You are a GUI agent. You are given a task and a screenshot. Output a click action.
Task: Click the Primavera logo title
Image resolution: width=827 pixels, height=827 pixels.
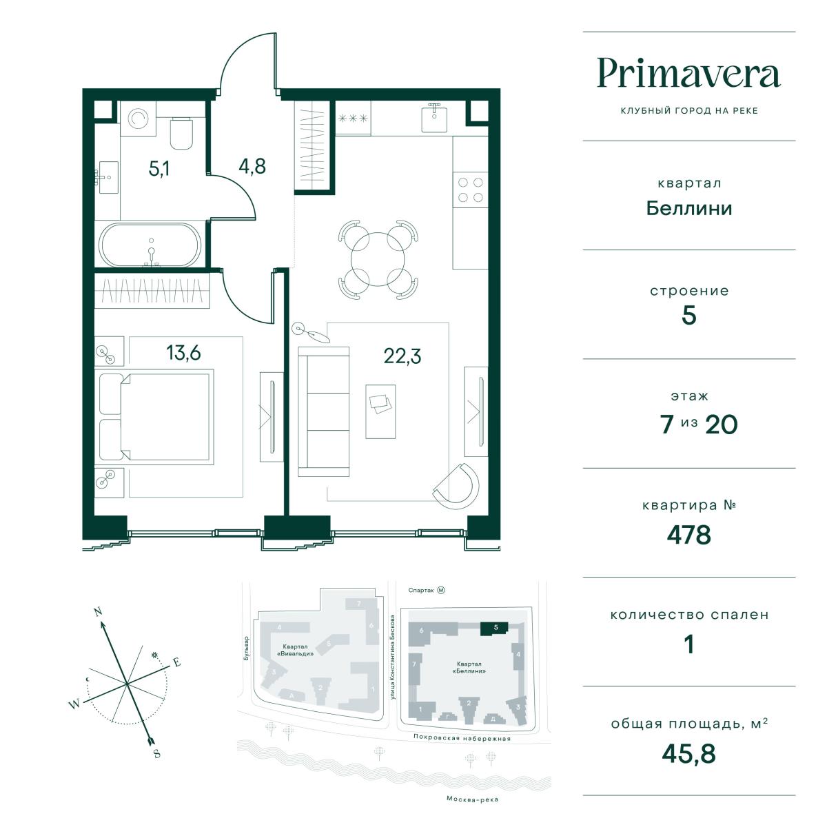(688, 73)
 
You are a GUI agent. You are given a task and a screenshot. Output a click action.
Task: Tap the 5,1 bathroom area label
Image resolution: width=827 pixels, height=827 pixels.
(159, 169)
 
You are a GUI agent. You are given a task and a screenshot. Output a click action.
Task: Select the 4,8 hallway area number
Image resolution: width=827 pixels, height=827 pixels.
(252, 166)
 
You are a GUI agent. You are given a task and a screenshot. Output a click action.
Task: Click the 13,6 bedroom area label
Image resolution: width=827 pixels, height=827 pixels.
(183, 353)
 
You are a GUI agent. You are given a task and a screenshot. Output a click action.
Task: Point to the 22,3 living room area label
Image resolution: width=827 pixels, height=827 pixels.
(402, 356)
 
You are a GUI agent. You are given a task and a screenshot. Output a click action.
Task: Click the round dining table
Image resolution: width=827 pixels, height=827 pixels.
(378, 260)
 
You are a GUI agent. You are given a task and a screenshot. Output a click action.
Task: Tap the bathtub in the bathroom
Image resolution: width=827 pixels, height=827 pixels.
(150, 245)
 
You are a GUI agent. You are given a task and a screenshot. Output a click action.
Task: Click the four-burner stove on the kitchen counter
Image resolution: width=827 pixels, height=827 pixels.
(471, 190)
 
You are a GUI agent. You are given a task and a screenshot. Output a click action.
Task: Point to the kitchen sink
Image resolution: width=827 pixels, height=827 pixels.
(434, 118)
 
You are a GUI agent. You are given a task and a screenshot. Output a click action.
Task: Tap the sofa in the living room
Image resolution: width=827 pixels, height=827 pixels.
(324, 411)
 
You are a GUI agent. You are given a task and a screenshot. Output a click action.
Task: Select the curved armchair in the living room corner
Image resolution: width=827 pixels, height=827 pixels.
(457, 486)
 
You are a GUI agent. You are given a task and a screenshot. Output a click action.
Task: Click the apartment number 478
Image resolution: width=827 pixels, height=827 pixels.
(688, 535)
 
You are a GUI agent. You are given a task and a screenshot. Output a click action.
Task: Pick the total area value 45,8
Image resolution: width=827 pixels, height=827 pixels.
(688, 754)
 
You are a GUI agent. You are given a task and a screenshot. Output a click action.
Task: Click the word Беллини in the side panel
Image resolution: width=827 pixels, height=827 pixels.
(688, 209)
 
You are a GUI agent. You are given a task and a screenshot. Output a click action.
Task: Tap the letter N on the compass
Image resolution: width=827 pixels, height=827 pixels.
(99, 611)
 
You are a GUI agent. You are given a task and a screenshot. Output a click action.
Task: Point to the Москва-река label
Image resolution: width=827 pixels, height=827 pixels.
(472, 799)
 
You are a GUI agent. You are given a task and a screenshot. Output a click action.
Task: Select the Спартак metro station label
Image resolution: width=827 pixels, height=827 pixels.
(420, 591)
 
